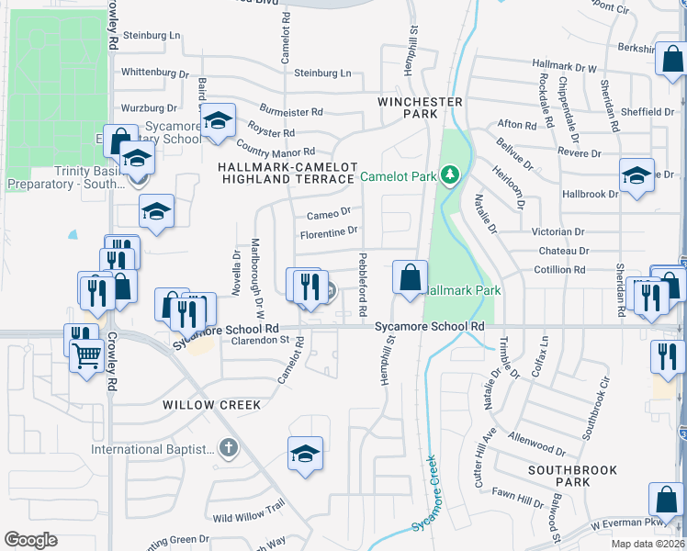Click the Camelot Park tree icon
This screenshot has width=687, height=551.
(x=449, y=174)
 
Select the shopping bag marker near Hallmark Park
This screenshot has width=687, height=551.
(x=410, y=277)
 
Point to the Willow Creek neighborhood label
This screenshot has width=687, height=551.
(x=212, y=404)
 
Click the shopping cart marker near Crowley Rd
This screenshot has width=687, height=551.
(x=87, y=354)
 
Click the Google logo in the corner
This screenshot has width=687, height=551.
(x=30, y=540)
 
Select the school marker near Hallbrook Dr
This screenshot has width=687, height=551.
(x=636, y=175)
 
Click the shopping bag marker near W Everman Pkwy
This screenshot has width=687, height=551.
(x=666, y=500)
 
